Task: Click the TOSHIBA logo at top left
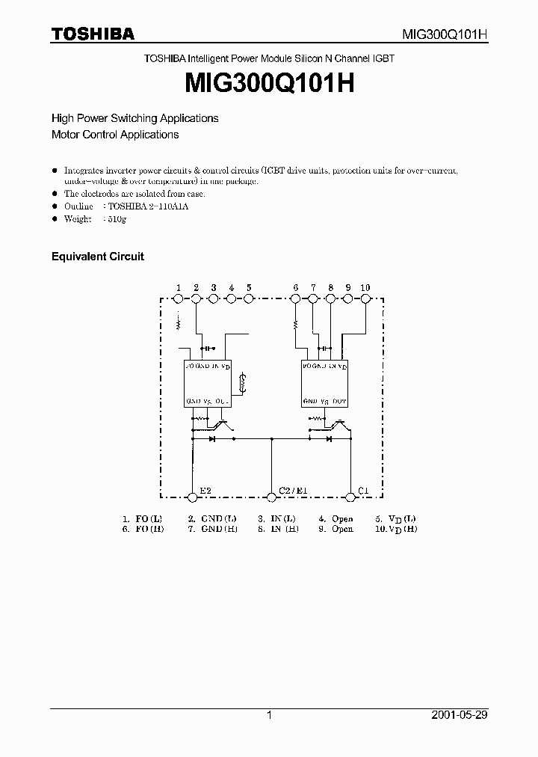(x=93, y=34)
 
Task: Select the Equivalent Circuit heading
(x=97, y=257)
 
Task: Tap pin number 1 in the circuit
(x=179, y=288)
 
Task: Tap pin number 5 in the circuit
(x=249, y=288)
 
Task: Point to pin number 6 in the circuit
(x=296, y=288)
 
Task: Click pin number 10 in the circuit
(x=365, y=288)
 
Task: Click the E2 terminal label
(x=205, y=491)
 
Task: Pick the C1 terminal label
(x=363, y=491)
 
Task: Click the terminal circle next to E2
(x=193, y=496)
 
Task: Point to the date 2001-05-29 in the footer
(x=460, y=715)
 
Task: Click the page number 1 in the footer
(x=269, y=715)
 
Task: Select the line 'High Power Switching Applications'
(x=134, y=118)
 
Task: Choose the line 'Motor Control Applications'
(x=115, y=135)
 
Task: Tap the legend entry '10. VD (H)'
(x=396, y=529)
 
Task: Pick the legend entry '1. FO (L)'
(x=142, y=518)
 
